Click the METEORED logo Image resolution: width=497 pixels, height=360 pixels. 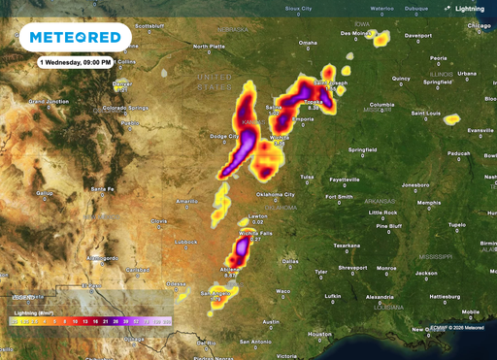76,38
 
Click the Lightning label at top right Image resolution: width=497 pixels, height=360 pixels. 472,9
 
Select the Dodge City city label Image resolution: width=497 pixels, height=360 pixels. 225,137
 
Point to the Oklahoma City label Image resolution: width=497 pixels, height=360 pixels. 277,194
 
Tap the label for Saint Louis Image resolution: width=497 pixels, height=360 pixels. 427,113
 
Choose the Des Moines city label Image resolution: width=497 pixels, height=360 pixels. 355,32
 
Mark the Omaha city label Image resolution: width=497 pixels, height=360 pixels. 308,43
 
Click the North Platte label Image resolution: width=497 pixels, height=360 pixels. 209,46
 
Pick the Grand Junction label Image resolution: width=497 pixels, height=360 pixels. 50,100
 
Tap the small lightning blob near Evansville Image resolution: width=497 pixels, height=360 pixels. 451,119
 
